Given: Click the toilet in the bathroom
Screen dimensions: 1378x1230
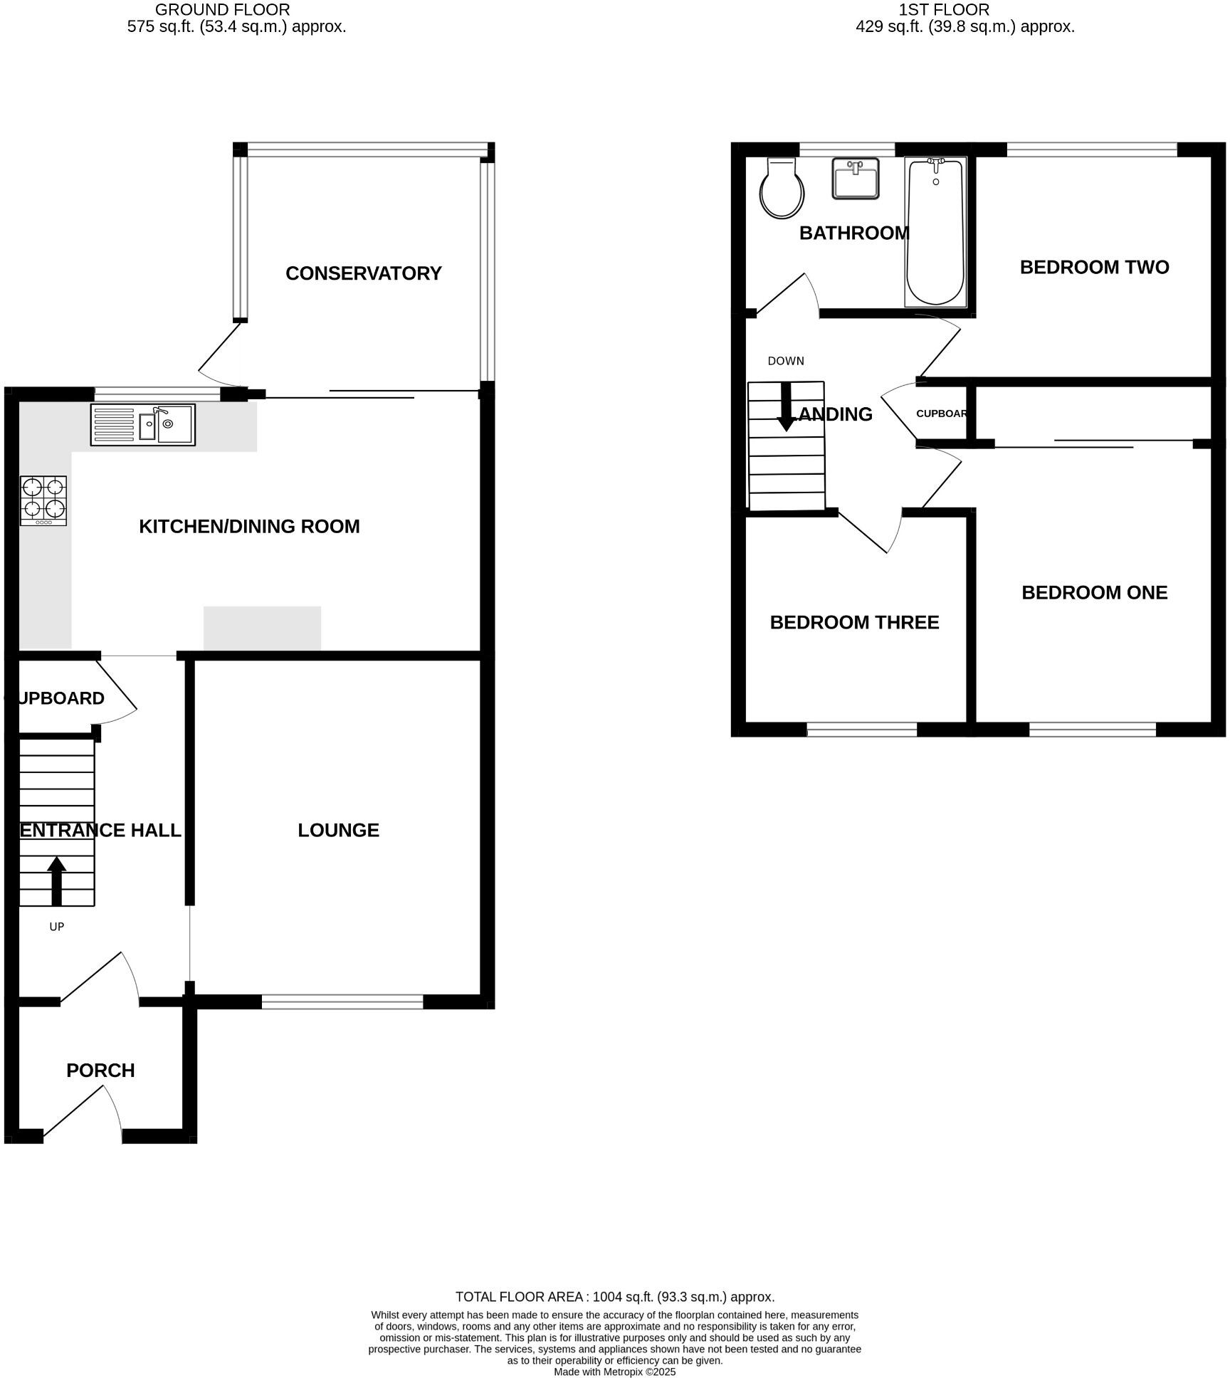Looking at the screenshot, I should point(782,189).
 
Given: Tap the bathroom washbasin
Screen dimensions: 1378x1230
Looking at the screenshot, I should point(855,178).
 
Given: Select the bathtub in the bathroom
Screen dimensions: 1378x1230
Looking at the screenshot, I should point(935,231).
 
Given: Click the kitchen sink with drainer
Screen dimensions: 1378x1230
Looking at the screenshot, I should point(142,425).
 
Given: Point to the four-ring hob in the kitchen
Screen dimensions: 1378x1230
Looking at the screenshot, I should point(43,500).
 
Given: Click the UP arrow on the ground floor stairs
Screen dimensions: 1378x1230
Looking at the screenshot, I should point(56,880).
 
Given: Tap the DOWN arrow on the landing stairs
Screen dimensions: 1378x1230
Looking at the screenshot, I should point(786,406).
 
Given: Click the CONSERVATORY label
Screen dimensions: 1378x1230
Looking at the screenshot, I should point(363,273).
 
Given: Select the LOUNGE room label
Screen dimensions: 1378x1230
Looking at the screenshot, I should point(338,830).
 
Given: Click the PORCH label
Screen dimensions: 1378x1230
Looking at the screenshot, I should point(100,1071).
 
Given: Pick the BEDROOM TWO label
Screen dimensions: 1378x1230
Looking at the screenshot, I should point(1094,268).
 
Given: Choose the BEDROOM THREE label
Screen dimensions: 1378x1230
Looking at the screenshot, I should point(854,623).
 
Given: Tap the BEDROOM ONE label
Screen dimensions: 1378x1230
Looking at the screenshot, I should point(1094,593).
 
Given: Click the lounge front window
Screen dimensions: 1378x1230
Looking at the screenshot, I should point(342,1001).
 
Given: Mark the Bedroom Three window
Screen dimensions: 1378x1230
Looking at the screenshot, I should point(861,729).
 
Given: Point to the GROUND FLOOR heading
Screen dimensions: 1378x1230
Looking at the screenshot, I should point(222,10).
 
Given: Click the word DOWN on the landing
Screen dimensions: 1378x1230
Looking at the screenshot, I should point(786,361).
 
